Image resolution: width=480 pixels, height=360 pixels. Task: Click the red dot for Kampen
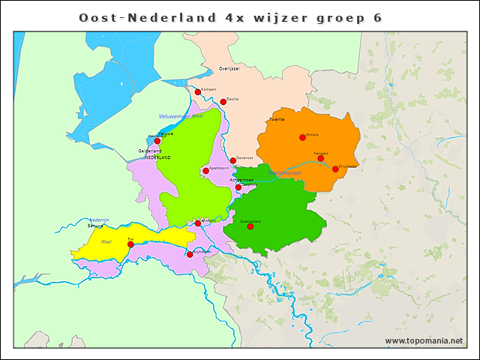198,92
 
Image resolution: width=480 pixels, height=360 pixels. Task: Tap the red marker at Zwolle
223,102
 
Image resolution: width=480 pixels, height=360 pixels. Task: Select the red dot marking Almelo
302,137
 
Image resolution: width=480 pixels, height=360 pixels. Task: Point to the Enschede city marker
335,169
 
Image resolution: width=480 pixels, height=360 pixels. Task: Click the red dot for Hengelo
320,157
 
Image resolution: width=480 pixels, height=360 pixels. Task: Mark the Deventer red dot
232,160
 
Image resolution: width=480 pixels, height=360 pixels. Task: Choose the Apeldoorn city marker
205,171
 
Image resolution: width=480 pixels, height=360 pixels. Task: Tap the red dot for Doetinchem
250,226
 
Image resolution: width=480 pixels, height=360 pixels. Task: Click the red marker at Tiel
130,244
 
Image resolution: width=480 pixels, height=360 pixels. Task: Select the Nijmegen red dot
190,254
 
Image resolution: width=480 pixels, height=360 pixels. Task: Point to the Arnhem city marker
198,223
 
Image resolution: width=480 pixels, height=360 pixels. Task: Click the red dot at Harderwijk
157,140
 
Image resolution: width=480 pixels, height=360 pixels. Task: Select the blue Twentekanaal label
284,173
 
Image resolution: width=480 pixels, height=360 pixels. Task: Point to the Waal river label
106,242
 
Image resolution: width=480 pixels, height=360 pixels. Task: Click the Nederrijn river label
100,219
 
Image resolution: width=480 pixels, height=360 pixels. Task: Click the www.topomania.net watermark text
423,341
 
